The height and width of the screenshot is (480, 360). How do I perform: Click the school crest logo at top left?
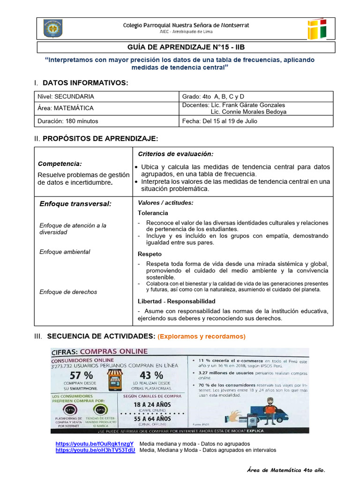click(x=53, y=28)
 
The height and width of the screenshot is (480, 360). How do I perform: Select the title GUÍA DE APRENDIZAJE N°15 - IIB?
click(x=186, y=47)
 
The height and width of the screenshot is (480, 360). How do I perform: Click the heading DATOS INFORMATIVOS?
click(x=85, y=82)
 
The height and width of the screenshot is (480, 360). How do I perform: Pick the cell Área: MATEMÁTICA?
click(x=66, y=108)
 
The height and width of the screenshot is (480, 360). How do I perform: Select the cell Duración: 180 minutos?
click(x=68, y=121)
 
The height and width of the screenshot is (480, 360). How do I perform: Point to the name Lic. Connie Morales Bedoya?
click(x=248, y=112)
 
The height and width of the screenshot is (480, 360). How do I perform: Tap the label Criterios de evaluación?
click(x=175, y=154)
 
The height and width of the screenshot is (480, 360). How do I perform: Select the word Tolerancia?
click(x=153, y=213)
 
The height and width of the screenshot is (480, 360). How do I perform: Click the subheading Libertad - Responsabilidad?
click(x=176, y=301)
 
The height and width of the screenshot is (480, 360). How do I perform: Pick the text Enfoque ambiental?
click(x=65, y=252)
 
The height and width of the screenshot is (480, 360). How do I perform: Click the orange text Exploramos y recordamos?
click(x=202, y=337)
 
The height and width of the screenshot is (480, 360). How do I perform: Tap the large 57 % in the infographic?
click(x=81, y=375)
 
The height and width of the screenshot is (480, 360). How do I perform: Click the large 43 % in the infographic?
click(x=151, y=375)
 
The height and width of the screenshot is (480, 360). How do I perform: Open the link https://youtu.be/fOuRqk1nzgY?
click(x=94, y=443)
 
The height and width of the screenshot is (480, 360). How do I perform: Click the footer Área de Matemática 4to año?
click(x=285, y=470)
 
